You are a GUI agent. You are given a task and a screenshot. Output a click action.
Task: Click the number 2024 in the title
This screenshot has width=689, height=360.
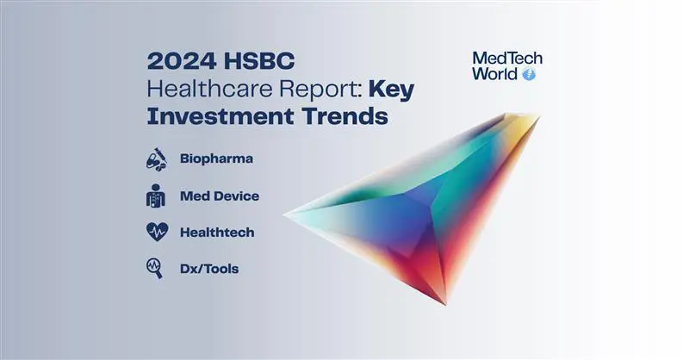(182, 61)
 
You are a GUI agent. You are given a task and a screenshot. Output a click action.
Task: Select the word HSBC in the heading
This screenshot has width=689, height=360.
(259, 61)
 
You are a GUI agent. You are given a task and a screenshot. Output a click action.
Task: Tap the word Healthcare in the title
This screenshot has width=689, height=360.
(209, 89)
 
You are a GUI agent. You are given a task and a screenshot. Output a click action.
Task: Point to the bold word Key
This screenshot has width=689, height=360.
(392, 90)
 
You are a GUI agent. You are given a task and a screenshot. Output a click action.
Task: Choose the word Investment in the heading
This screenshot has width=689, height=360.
(220, 116)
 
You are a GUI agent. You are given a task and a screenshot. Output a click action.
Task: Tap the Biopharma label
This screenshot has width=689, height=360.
(217, 158)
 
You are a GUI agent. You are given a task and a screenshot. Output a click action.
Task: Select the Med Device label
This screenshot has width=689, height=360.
(220, 196)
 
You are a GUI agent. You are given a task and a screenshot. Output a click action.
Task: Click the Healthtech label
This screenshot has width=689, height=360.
(217, 232)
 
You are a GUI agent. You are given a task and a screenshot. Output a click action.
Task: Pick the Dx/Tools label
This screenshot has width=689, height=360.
(209, 269)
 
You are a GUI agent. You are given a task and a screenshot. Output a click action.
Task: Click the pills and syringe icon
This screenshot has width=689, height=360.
(157, 159)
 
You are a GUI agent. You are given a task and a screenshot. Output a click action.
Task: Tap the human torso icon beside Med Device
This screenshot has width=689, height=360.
(156, 196)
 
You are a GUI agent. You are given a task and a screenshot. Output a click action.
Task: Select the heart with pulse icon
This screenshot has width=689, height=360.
(157, 232)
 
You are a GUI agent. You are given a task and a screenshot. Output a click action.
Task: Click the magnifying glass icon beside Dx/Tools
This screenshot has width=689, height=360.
(155, 268)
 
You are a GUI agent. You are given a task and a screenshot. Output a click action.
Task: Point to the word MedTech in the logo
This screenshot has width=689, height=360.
(507, 58)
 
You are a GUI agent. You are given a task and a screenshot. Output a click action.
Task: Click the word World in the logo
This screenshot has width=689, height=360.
(494, 74)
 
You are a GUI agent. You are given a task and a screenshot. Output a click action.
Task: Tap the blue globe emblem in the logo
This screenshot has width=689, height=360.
(529, 74)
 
